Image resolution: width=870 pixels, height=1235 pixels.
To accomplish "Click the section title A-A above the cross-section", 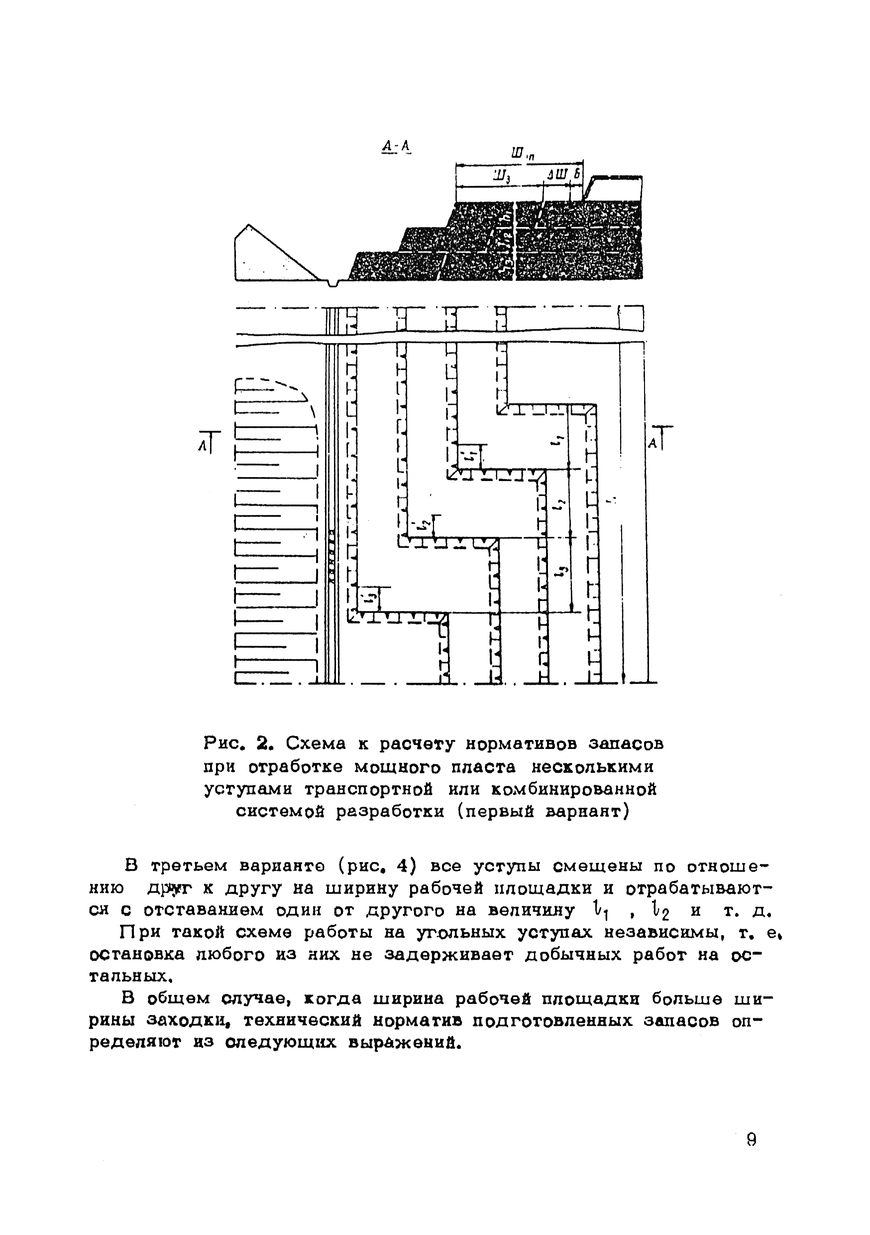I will pos(396,146).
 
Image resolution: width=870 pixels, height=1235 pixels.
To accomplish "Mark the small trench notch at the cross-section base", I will pos(334,282).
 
